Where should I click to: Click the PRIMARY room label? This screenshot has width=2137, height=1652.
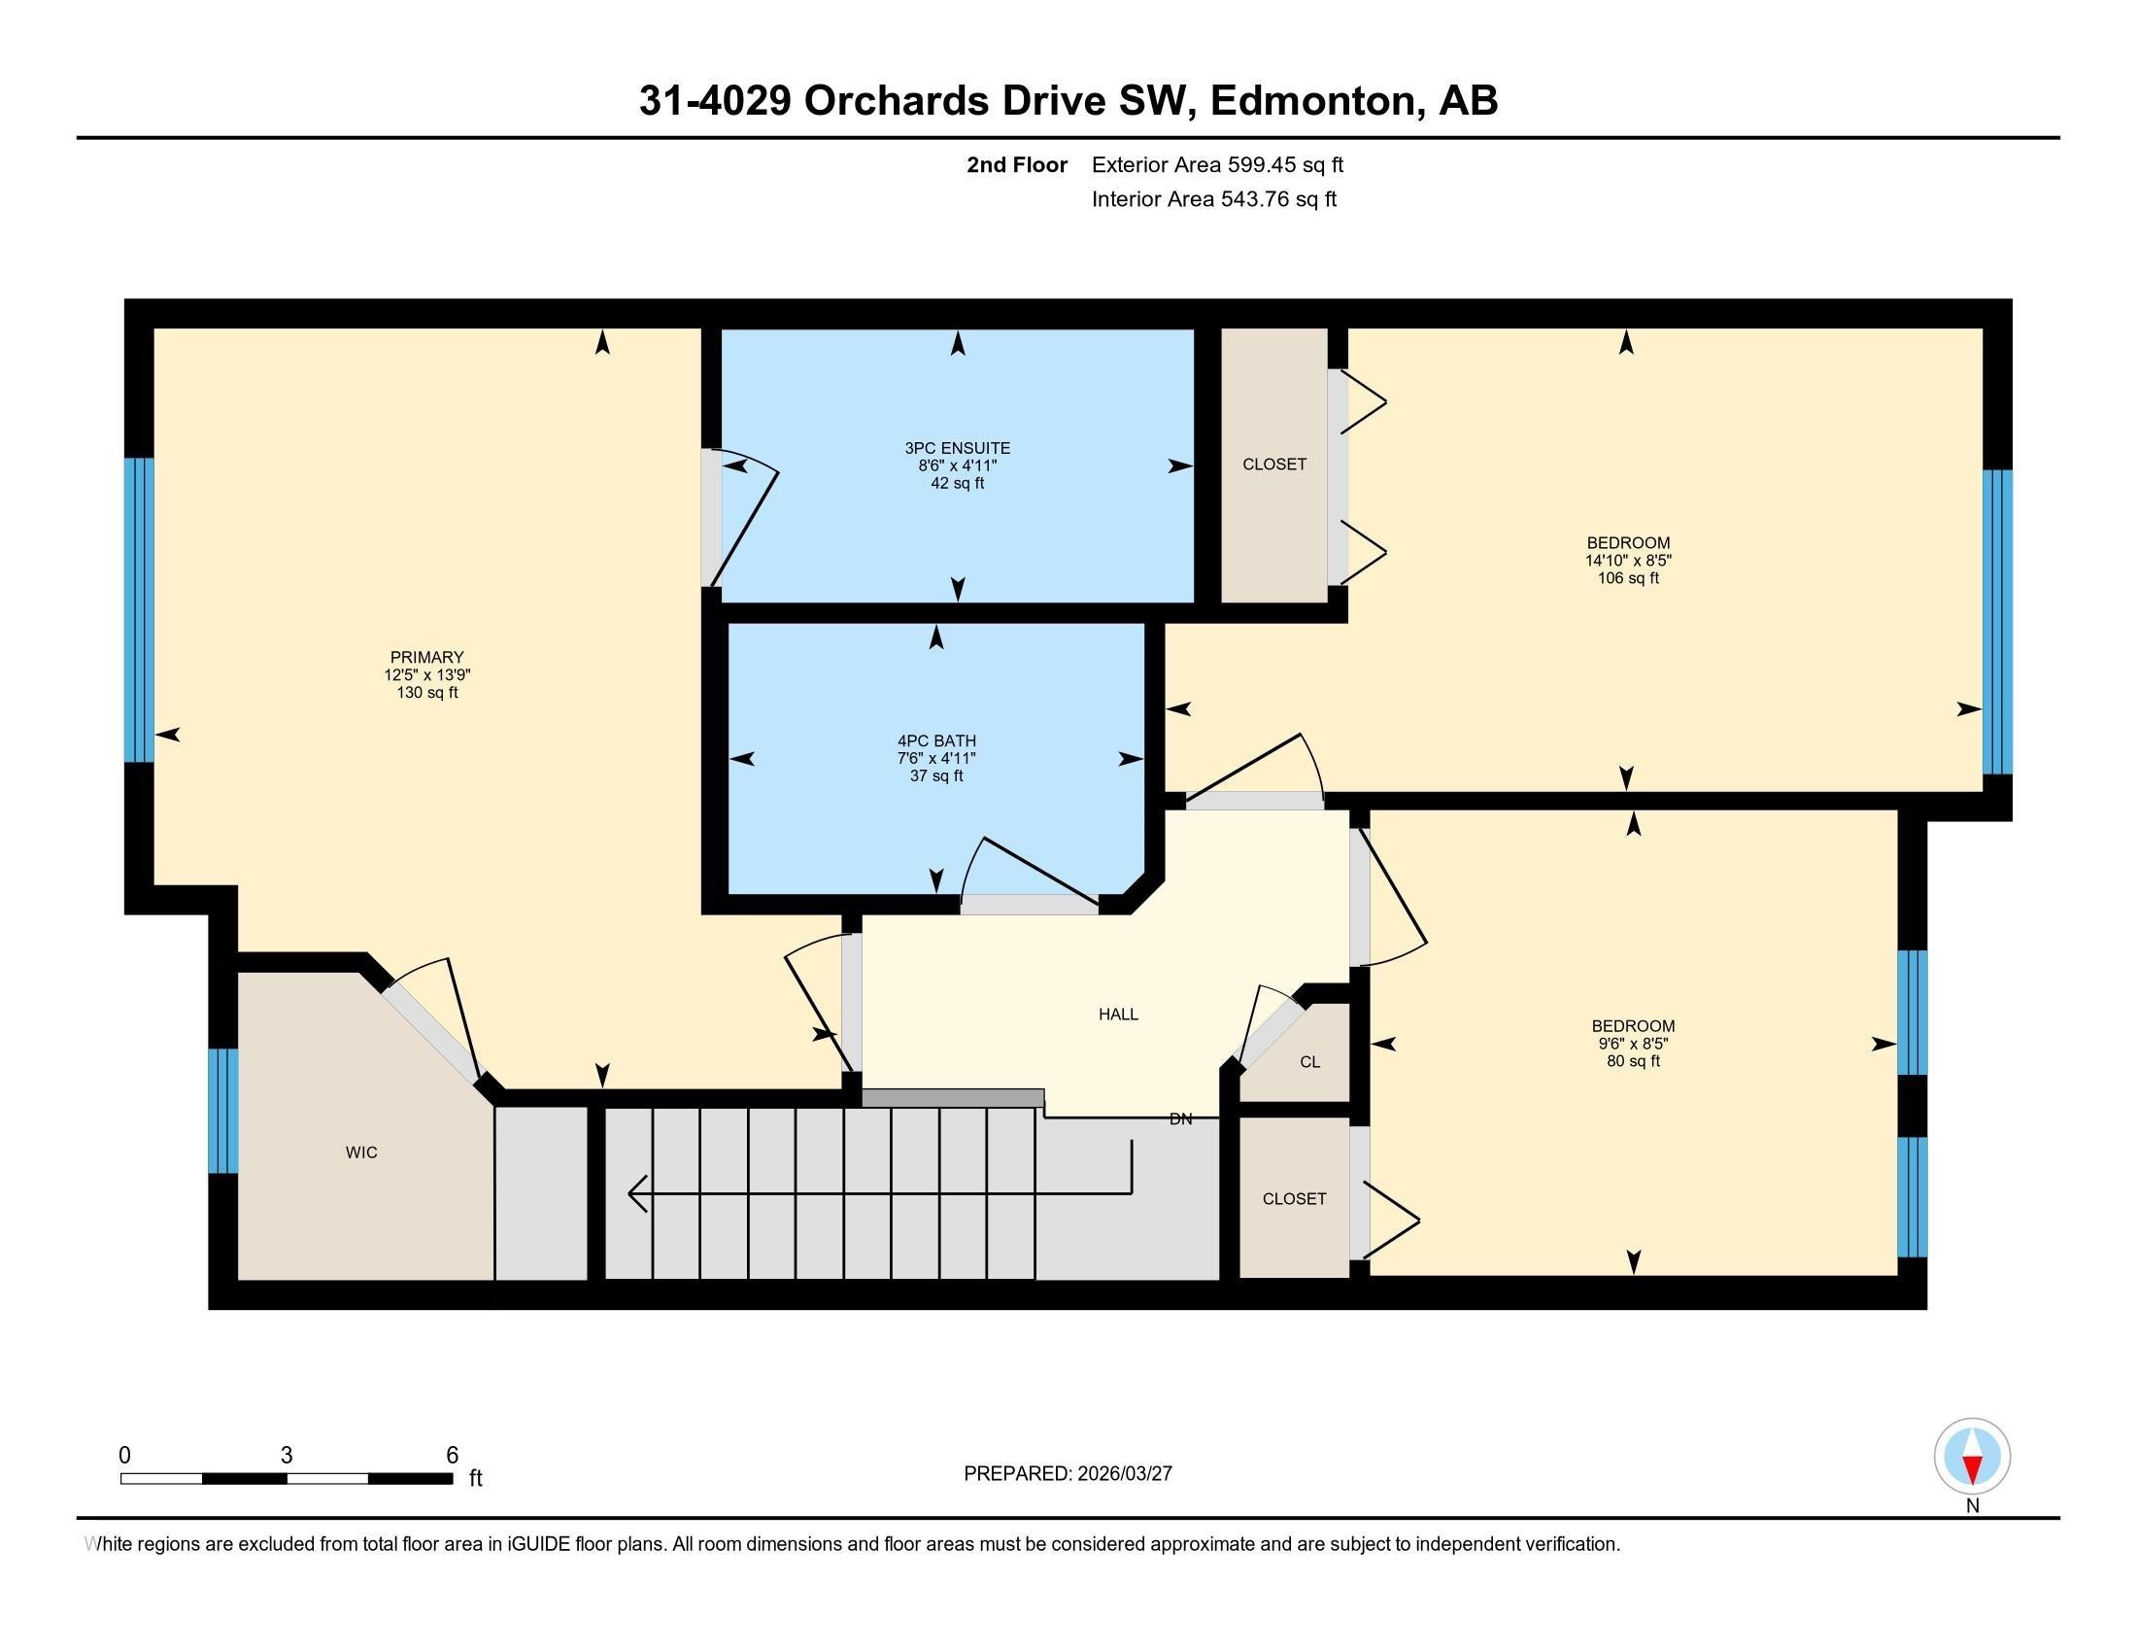pyautogui.click(x=426, y=657)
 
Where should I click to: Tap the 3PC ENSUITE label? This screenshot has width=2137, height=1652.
pyautogui.click(x=957, y=448)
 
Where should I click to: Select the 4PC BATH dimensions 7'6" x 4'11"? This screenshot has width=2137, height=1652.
pyautogui.click(x=936, y=759)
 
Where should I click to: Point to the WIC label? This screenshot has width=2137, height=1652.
pyautogui.click(x=361, y=1153)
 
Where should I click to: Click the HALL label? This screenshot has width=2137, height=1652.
pyautogui.click(x=1117, y=1014)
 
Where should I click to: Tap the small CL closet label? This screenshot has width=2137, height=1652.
pyautogui.click(x=1309, y=1062)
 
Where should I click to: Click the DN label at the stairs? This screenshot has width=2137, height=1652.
pyautogui.click(x=1180, y=1119)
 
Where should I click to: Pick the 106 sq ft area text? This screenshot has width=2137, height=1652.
pyautogui.click(x=1628, y=578)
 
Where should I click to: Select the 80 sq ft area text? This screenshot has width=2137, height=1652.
pyautogui.click(x=1633, y=1061)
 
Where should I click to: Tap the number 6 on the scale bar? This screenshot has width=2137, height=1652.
pyautogui.click(x=452, y=1456)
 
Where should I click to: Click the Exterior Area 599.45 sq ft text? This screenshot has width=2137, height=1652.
pyautogui.click(x=1217, y=164)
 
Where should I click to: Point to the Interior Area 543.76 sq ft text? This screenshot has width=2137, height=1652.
pyautogui.click(x=1213, y=199)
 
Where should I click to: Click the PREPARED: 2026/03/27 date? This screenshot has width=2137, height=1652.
pyautogui.click(x=1068, y=1474)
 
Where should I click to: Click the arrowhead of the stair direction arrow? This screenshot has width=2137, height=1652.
pyautogui.click(x=636, y=1193)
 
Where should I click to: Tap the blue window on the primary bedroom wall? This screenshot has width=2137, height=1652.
pyautogui.click(x=139, y=609)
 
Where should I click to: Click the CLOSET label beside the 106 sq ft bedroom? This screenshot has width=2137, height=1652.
pyautogui.click(x=1274, y=464)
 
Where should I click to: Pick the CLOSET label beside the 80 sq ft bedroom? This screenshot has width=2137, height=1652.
pyautogui.click(x=1294, y=1199)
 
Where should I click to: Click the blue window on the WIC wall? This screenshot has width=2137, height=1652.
pyautogui.click(x=223, y=1111)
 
